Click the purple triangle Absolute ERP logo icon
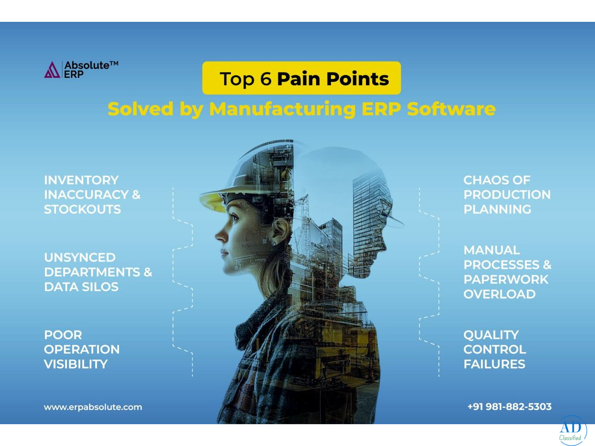[x=52, y=70]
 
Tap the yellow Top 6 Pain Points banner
[x=301, y=78]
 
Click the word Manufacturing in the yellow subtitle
[x=282, y=109]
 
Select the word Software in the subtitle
[x=451, y=109]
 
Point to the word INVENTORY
[x=81, y=180]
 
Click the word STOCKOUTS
[x=82, y=209]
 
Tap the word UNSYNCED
[x=80, y=258]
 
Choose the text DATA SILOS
[x=81, y=287]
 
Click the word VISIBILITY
[x=76, y=364]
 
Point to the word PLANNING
[x=497, y=209]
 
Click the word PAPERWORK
[x=506, y=279]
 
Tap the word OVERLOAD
[x=500, y=294]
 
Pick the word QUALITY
[x=491, y=335]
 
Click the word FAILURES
[x=494, y=364]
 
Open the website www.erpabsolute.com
[x=93, y=407]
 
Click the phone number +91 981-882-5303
[x=510, y=407]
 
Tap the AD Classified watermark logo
[x=573, y=431]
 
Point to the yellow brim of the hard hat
[x=212, y=201]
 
